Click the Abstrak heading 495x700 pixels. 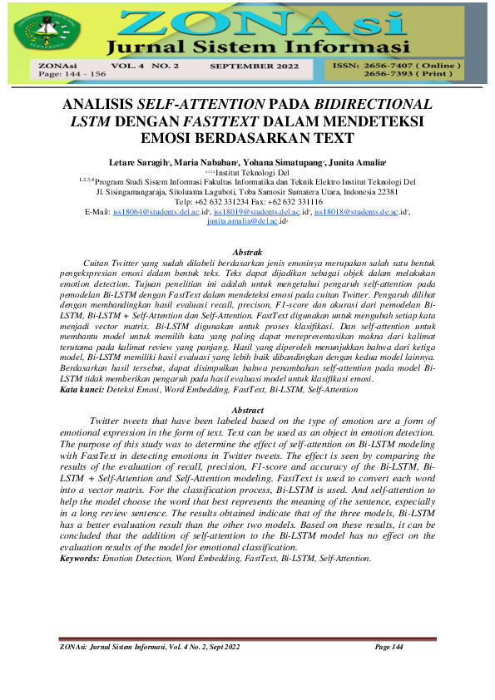coord(247,253)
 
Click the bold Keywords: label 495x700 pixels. coord(79,558)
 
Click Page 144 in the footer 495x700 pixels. coord(389,647)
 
